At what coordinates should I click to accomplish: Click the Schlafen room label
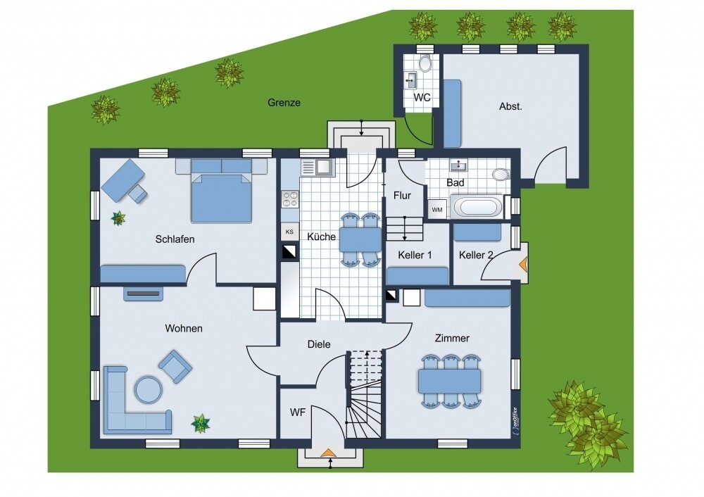pyautogui.click(x=175, y=239)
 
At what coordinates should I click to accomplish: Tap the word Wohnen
pyautogui.click(x=184, y=328)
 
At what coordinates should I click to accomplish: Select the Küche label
pyautogui.click(x=322, y=237)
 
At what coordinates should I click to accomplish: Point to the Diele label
pyautogui.click(x=319, y=344)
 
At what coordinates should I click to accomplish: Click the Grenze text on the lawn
pyautogui.click(x=284, y=102)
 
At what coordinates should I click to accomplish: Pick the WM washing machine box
pyautogui.click(x=437, y=210)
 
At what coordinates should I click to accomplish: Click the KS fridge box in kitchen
pyautogui.click(x=289, y=232)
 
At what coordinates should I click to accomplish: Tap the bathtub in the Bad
pyautogui.click(x=477, y=208)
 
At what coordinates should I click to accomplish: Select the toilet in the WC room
pyautogui.click(x=424, y=63)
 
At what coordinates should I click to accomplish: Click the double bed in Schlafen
pyautogui.click(x=221, y=190)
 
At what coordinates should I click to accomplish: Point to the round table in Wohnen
pyautogui.click(x=148, y=389)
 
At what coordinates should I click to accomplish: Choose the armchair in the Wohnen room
pyautogui.click(x=175, y=366)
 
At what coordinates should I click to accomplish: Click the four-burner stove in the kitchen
pyautogui.click(x=290, y=200)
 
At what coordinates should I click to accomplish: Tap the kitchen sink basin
pyautogui.click(x=323, y=168)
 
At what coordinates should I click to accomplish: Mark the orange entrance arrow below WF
pyautogui.click(x=329, y=452)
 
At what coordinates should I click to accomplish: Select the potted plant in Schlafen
pyautogui.click(x=118, y=218)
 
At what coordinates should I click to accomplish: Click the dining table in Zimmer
pyautogui.click(x=449, y=381)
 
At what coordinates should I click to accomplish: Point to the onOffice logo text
pyautogui.click(x=514, y=421)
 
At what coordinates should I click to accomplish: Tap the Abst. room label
pyautogui.click(x=510, y=106)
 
